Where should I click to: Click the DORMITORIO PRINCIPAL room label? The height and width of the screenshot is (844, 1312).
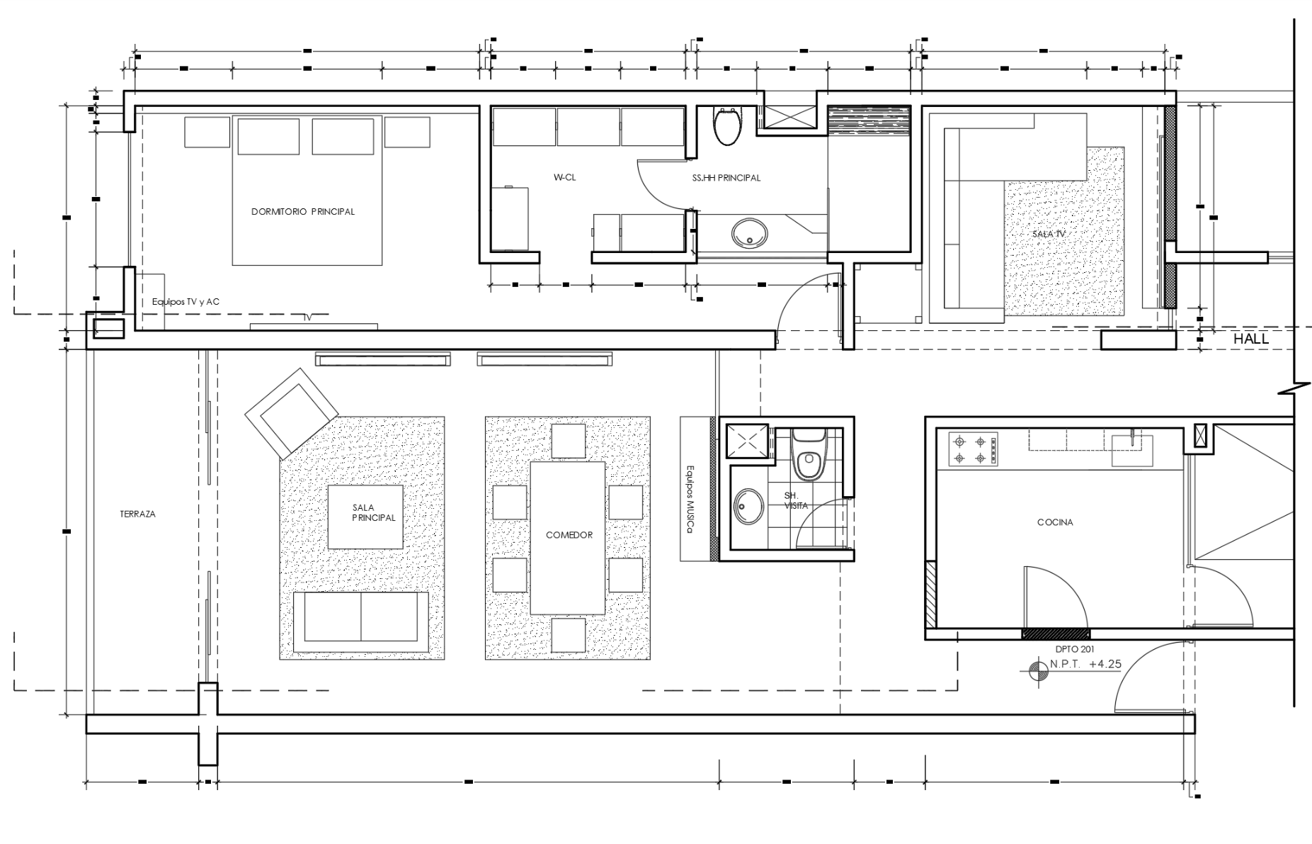[302, 212]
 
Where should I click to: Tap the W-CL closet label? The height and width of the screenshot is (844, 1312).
[564, 178]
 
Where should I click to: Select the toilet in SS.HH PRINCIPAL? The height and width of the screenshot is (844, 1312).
[727, 127]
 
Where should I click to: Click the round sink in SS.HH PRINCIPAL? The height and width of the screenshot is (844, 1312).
[749, 233]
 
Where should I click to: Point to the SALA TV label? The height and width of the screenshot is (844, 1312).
[1049, 233]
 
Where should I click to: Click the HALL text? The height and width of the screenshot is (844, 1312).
[1251, 339]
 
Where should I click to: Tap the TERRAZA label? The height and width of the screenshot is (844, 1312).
[137, 514]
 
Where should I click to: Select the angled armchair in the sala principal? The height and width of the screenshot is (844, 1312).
[291, 412]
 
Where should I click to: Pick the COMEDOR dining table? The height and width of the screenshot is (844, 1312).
[568, 538]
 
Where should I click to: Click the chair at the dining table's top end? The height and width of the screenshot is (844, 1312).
[568, 441]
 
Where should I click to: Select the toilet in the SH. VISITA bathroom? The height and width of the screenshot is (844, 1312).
[807, 457]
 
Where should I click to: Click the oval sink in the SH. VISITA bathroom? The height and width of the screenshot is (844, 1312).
[745, 506]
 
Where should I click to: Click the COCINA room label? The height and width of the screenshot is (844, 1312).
[1055, 522]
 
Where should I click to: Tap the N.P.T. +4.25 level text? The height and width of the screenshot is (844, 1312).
[1085, 665]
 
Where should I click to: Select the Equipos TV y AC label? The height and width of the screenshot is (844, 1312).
[186, 302]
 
